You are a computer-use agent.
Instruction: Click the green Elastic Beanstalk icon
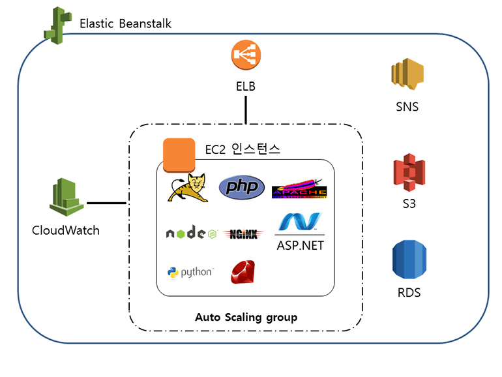(x=57, y=24)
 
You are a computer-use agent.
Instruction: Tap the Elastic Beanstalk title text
(x=126, y=24)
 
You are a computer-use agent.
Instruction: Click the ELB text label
(x=246, y=86)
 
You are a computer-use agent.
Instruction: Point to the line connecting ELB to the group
(x=246, y=110)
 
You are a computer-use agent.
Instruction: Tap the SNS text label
(x=407, y=106)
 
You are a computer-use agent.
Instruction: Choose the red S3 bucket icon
(x=408, y=173)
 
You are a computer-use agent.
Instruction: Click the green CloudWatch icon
(x=66, y=196)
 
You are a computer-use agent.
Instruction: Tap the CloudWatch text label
(x=66, y=230)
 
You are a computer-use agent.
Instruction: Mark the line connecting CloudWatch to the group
(x=107, y=203)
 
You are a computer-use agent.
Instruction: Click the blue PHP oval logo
(x=242, y=188)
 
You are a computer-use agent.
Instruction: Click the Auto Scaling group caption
(x=246, y=318)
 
